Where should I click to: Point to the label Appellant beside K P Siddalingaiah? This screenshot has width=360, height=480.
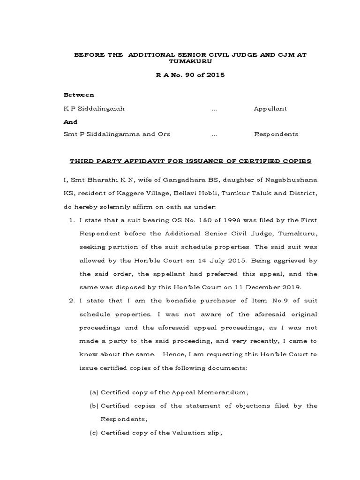point(270,108)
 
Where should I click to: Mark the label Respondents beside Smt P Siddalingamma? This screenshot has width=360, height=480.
point(276,134)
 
